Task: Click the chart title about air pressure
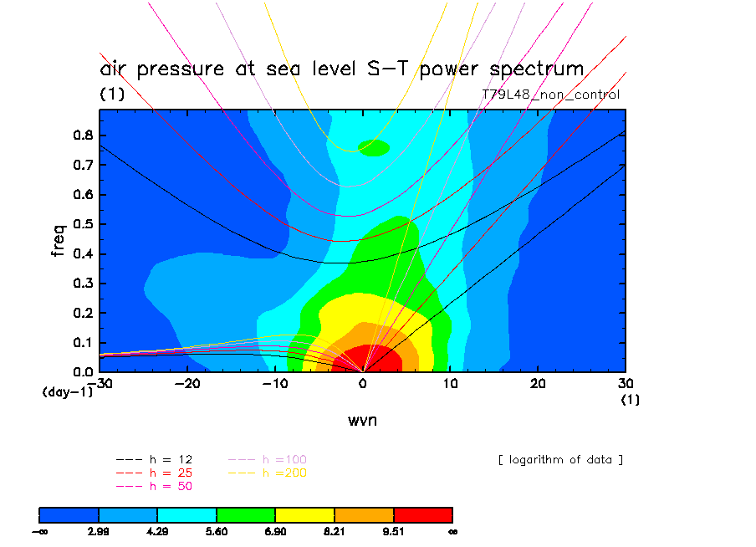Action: point(341,69)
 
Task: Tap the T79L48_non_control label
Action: point(551,95)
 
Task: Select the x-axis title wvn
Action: point(362,420)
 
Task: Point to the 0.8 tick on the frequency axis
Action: point(84,135)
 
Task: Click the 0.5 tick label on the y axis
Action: point(84,224)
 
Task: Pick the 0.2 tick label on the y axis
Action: point(84,313)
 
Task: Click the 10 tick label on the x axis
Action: point(451,384)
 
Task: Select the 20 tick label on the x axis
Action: point(538,384)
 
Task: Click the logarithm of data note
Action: point(560,460)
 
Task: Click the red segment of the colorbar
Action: point(422,514)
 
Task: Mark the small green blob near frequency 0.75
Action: point(373,148)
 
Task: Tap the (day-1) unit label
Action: point(67,391)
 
